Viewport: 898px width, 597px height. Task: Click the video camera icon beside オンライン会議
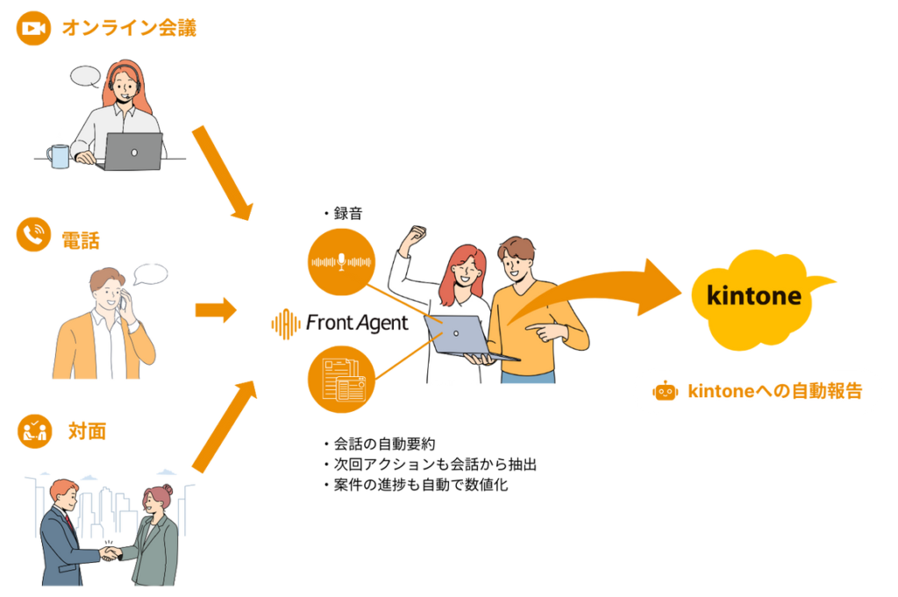tap(34, 29)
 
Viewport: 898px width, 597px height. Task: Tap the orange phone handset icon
tap(34, 235)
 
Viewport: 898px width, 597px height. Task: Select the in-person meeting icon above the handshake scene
tap(34, 431)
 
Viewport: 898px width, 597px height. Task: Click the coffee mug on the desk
tap(59, 155)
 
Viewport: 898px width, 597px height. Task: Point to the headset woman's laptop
tap(133, 152)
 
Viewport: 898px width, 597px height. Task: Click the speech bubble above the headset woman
tap(85, 75)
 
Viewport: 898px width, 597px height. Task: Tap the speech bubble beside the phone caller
tap(150, 274)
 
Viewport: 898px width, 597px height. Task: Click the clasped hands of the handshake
tap(110, 553)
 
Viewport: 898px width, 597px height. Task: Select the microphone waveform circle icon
tap(341, 261)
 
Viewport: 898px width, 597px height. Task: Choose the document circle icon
tap(341, 379)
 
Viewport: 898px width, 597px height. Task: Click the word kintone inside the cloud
tap(753, 295)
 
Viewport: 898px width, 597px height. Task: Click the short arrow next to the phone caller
tap(216, 309)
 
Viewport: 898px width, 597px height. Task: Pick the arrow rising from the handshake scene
tap(224, 424)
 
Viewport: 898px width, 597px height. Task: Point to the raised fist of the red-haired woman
tap(416, 234)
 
